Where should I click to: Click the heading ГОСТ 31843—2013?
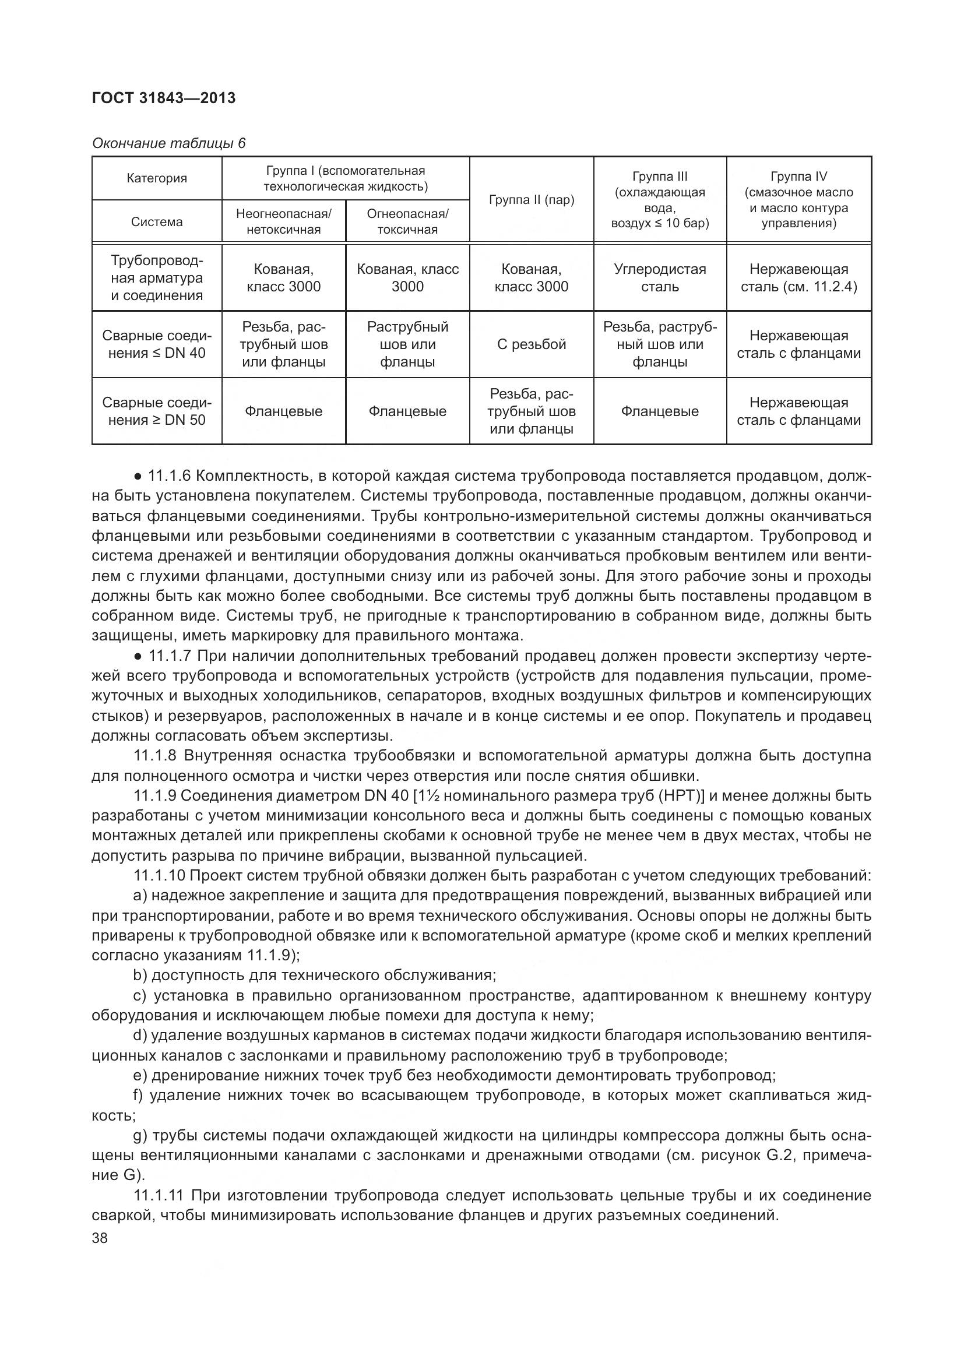click(x=163, y=98)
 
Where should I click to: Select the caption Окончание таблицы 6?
click(x=168, y=143)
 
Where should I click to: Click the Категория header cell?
click(x=157, y=178)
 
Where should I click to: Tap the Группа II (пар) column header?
click(x=532, y=199)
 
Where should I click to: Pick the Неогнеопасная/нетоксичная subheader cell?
click(x=283, y=221)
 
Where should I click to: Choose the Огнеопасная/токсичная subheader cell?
click(x=407, y=221)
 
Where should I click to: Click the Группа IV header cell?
click(x=798, y=199)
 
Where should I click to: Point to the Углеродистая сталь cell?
click(x=660, y=277)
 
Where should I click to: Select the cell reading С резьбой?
click(x=532, y=344)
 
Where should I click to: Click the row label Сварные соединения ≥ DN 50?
click(x=157, y=411)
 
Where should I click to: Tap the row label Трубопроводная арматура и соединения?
click(x=157, y=277)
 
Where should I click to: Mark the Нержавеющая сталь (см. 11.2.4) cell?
click(x=798, y=277)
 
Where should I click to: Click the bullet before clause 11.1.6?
click(x=138, y=476)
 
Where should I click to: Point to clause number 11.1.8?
click(x=155, y=756)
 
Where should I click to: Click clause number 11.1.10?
click(x=159, y=876)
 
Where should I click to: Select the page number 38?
click(x=100, y=1238)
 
